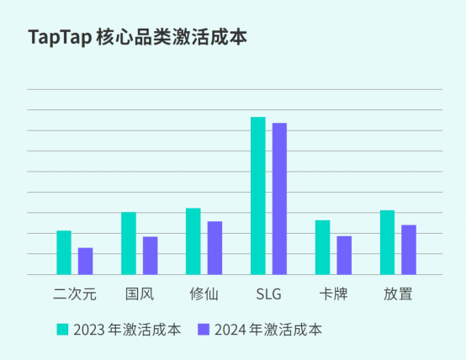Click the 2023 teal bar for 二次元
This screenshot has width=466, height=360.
pos(64,252)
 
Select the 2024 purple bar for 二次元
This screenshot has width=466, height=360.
pos(85,261)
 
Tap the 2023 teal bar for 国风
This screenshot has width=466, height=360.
pos(129,243)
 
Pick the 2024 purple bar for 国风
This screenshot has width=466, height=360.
pos(150,256)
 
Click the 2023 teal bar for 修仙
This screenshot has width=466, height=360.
pos(193,241)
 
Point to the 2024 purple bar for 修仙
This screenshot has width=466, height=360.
pos(214,248)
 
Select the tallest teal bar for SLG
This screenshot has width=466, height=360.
pos(258,196)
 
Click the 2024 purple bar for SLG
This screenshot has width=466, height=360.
pos(279,199)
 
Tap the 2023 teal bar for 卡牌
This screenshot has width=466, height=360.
pos(323,247)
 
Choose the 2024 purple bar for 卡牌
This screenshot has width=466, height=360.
pos(344,255)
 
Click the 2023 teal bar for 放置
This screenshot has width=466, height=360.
pos(387,242)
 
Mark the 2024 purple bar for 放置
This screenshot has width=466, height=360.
pos(409,250)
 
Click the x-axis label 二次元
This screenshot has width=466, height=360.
pos(75,294)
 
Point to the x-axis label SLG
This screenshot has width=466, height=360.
pos(268,294)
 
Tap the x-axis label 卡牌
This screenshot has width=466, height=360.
pos(333,294)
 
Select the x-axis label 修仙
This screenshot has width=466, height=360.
pos(204,294)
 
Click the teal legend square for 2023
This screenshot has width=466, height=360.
pos(62,329)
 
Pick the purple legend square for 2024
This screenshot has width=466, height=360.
pos(204,329)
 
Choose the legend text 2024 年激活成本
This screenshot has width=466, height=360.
pos(267,329)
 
